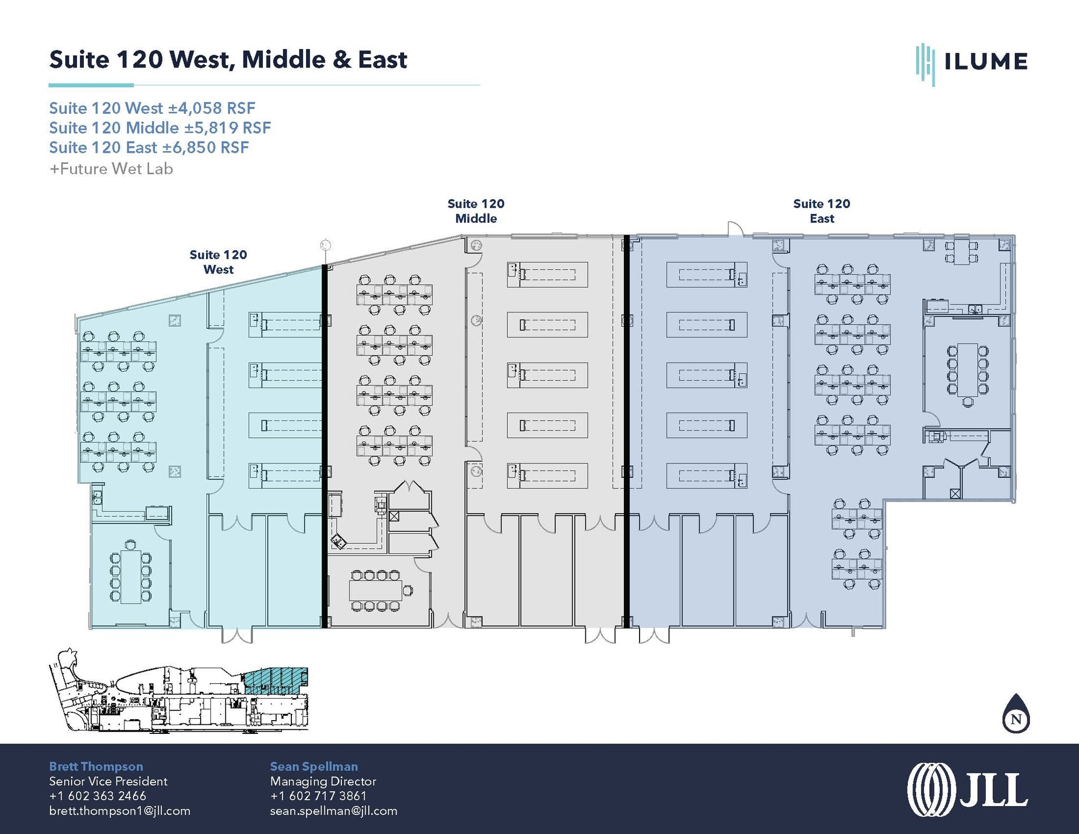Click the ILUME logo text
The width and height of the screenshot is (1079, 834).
(x=985, y=62)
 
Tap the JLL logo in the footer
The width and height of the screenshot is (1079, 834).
(x=967, y=790)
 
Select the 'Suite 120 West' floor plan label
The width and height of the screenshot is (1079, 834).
(x=218, y=262)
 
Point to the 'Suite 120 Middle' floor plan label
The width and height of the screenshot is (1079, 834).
(x=476, y=211)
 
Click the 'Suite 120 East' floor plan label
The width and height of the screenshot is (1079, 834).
(x=821, y=211)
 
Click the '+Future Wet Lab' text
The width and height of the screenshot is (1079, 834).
(x=111, y=169)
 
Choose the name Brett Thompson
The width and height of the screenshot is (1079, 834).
(x=96, y=766)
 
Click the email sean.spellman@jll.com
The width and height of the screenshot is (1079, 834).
(x=333, y=810)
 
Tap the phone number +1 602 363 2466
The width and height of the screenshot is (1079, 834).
(x=97, y=796)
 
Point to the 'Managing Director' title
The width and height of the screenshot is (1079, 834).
(x=323, y=781)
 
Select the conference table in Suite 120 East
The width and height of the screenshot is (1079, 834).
(x=967, y=370)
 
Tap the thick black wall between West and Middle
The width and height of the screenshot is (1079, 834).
(x=325, y=446)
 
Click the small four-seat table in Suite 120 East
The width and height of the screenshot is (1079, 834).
(x=962, y=252)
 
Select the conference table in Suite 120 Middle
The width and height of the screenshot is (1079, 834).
(x=375, y=590)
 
